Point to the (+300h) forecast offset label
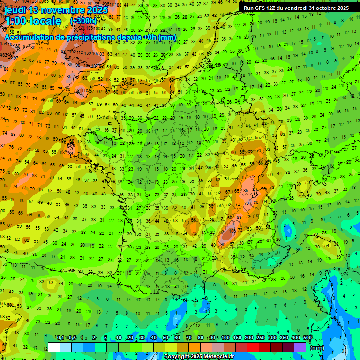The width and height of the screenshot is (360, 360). pyautogui.click(x=83, y=21)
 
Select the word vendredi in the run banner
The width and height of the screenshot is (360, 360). pyautogui.click(x=296, y=7)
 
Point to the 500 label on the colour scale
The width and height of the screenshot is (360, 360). pyautogui.click(x=307, y=338)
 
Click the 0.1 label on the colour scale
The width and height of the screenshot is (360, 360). pyautogui.click(x=60, y=338)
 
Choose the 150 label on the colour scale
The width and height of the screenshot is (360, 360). pyautogui.click(x=237, y=338)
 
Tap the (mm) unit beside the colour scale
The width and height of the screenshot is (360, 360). pyautogui.click(x=317, y=348)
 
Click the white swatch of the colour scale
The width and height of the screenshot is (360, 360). pyautogui.click(x=54, y=347)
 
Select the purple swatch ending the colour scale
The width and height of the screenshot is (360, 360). pyautogui.click(x=300, y=347)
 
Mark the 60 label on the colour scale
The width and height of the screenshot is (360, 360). pyautogui.click(x=177, y=338)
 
